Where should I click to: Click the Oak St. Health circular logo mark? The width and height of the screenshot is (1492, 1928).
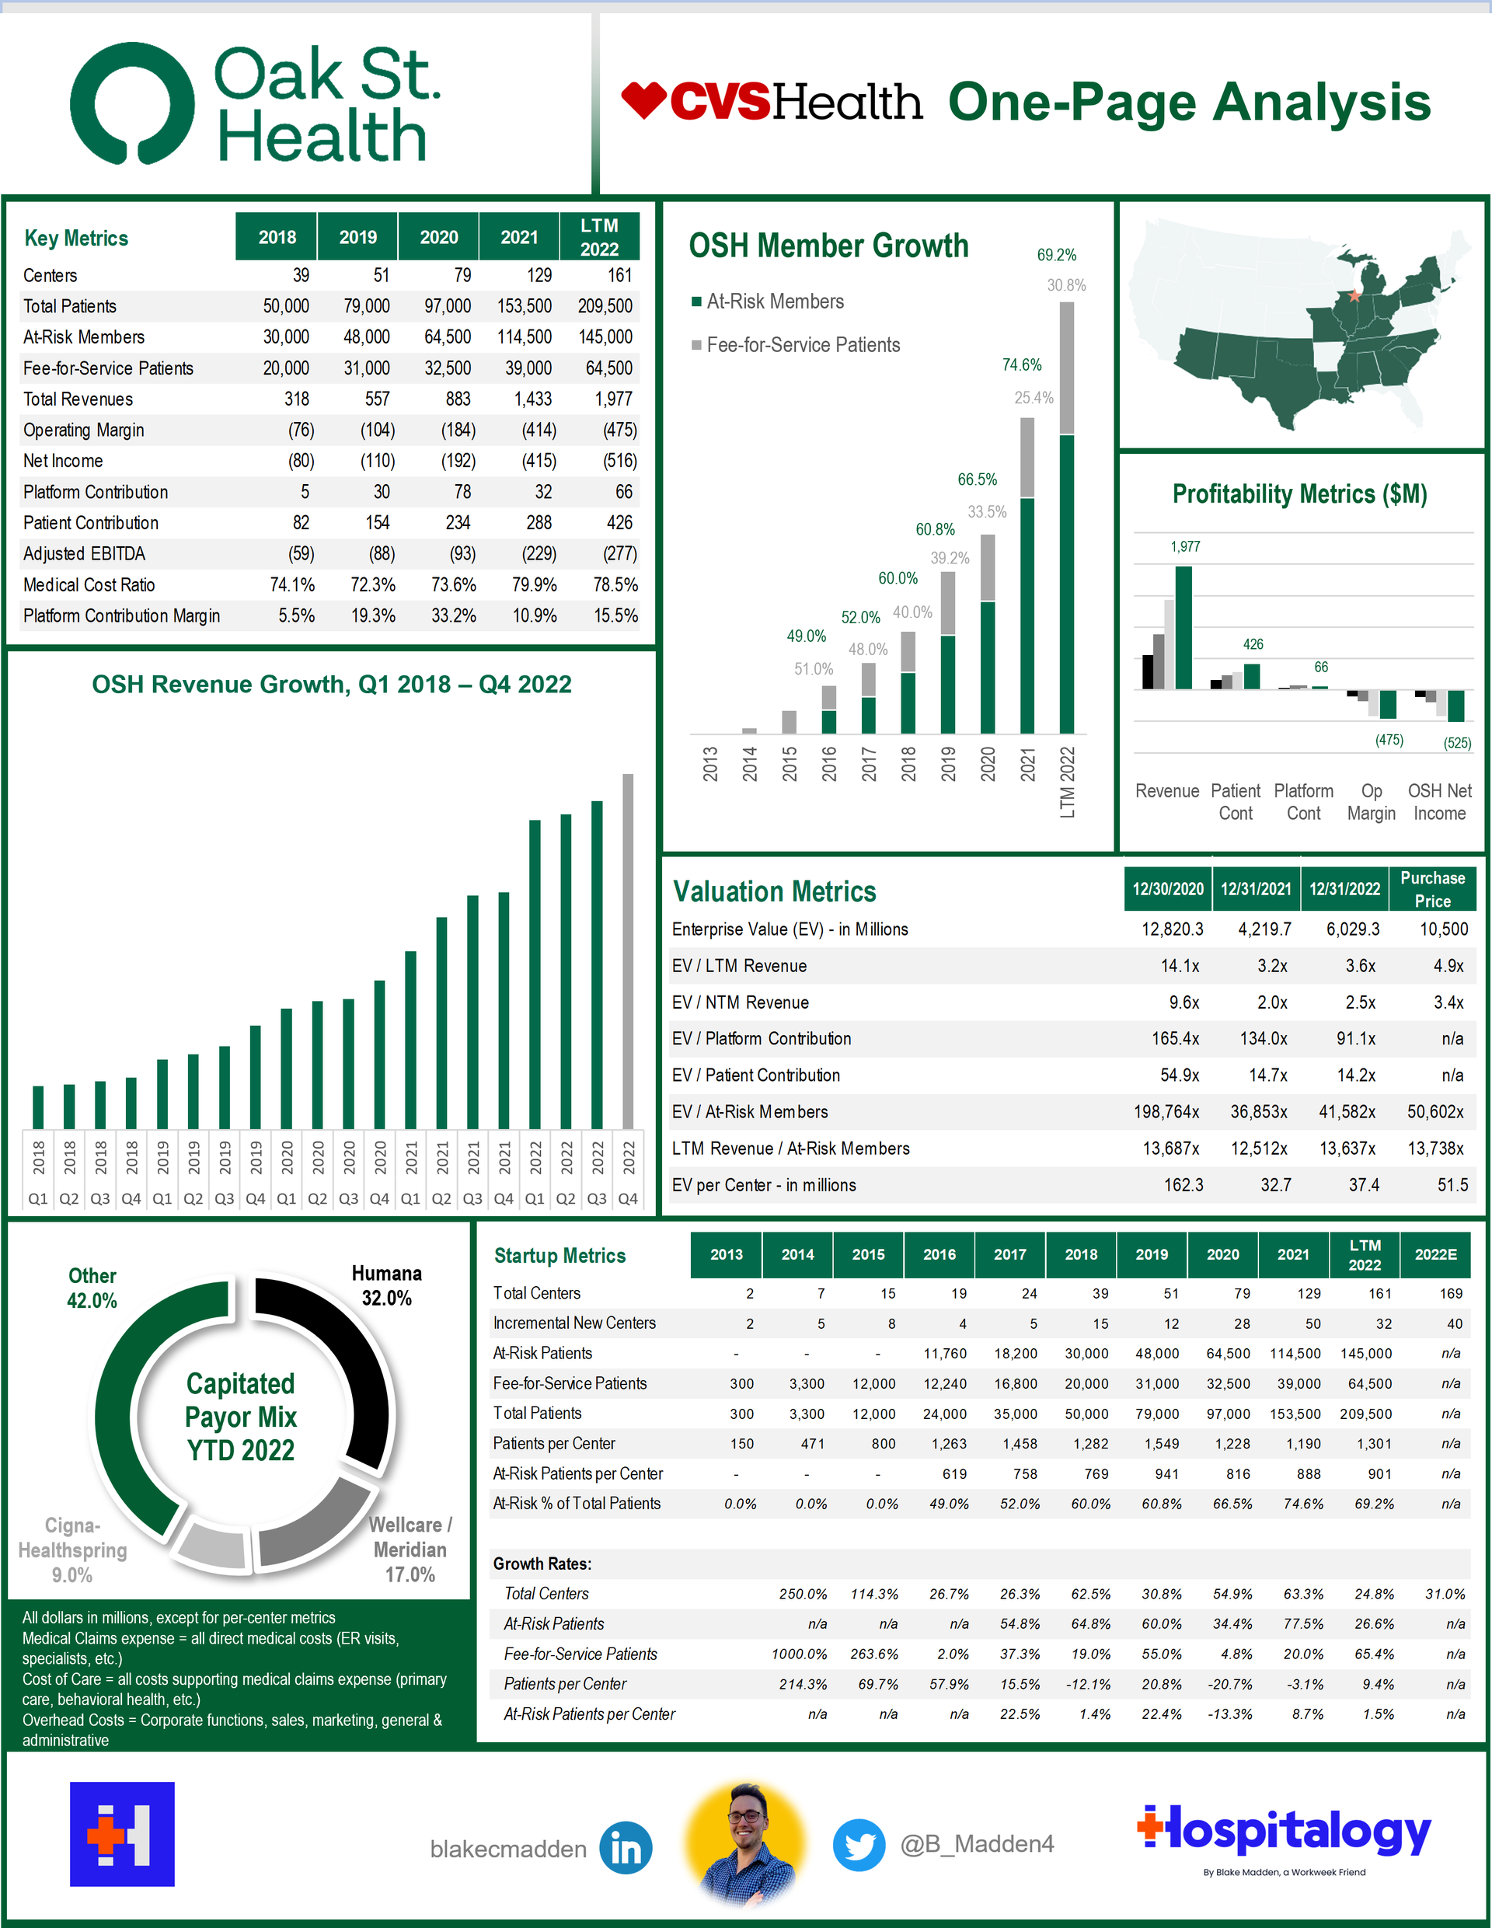(132, 103)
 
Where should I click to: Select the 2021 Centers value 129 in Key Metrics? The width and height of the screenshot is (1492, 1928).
(539, 275)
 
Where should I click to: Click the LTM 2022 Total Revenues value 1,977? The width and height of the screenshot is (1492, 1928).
(612, 399)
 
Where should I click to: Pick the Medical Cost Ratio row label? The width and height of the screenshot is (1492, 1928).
(89, 584)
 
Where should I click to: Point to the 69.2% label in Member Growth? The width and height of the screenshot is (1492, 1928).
(1056, 255)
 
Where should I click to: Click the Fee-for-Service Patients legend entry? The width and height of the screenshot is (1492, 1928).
(803, 345)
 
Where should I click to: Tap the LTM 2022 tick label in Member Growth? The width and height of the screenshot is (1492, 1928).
(1068, 782)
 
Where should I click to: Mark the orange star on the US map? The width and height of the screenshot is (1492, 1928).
(1354, 297)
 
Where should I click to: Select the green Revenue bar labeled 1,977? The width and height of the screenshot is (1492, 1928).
(1183, 627)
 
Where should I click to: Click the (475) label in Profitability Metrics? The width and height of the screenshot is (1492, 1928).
(1389, 740)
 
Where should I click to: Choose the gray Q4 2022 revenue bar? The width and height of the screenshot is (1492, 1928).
(628, 950)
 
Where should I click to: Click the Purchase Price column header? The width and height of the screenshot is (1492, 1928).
(1432, 889)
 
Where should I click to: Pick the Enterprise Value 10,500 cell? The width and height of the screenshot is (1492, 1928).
(1444, 929)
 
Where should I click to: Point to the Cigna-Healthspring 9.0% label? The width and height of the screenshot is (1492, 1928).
(72, 1550)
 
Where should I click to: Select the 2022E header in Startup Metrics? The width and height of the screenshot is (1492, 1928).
(1435, 1254)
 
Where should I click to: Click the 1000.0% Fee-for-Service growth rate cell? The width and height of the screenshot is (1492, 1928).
(799, 1654)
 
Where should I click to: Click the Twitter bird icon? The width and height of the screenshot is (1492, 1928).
(859, 1845)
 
